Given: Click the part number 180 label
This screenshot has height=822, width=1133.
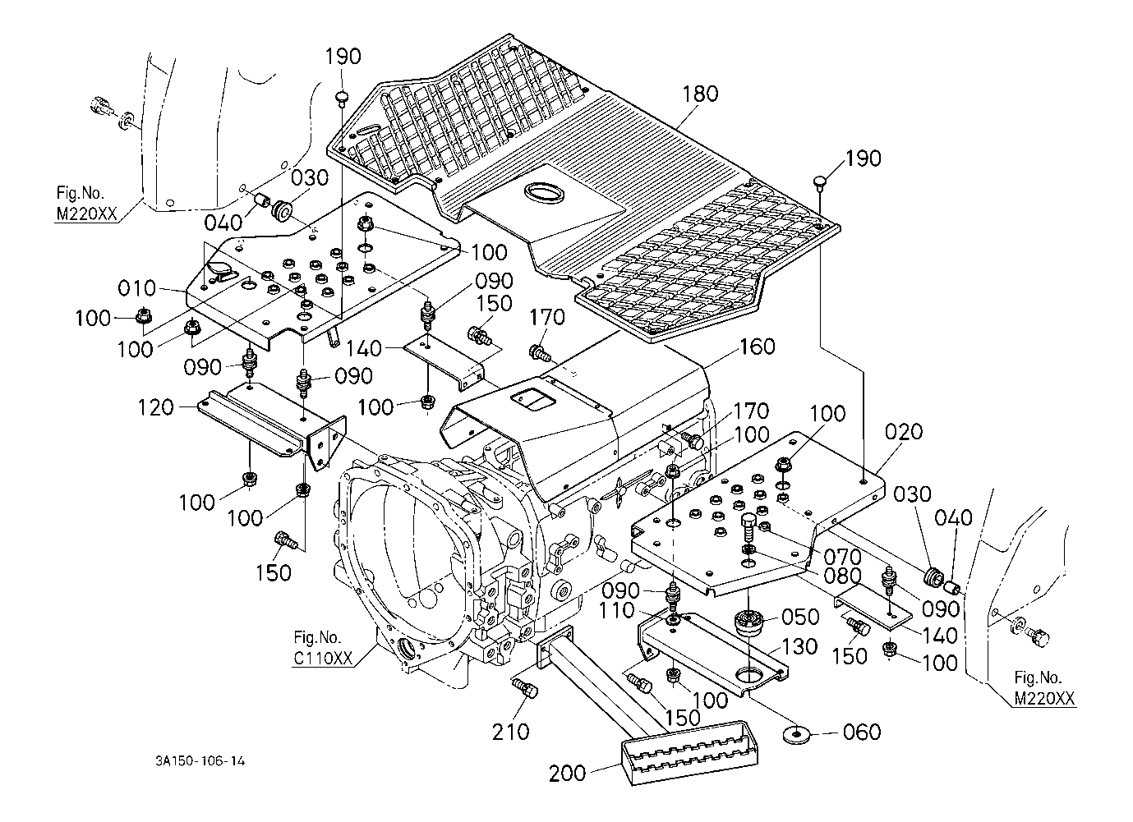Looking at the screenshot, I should click(x=699, y=94).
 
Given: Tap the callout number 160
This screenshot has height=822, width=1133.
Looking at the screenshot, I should click(x=756, y=347).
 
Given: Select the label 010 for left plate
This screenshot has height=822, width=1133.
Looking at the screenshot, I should click(x=136, y=289).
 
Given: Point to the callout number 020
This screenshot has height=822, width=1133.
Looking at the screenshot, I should click(x=905, y=432).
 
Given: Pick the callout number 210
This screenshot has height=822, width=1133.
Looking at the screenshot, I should click(x=511, y=730).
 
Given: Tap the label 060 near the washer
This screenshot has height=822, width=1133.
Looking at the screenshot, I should click(x=862, y=732).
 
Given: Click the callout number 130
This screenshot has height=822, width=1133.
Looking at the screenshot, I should click(x=799, y=646).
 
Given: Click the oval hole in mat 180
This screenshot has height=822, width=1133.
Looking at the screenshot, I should click(x=541, y=194).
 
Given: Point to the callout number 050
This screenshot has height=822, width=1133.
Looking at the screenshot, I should click(x=801, y=617).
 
